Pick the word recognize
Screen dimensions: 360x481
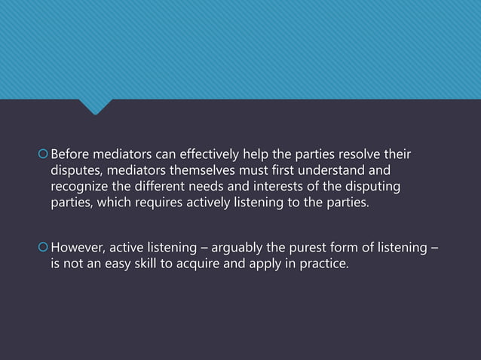[x=81, y=187]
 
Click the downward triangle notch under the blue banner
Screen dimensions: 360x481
[x=95, y=107]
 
